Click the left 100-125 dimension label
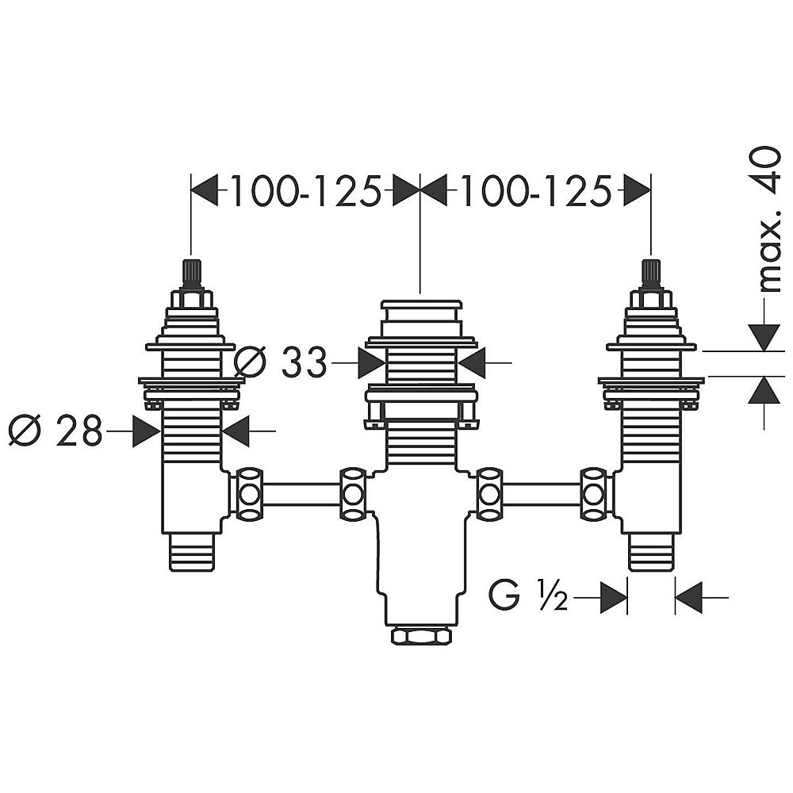tap(305, 190)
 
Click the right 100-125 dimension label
tap(535, 190)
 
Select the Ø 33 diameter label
tap(282, 362)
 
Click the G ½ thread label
tap(528, 597)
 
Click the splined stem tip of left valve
tap(191, 273)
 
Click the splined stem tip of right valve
tap(650, 273)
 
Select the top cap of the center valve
tap(421, 305)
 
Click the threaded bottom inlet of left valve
tap(191, 552)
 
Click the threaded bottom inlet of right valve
tap(651, 552)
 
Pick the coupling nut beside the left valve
tap(248, 493)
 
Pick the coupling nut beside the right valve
tap(592, 493)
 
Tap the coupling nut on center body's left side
tap(353, 493)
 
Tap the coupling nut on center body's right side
tap(489, 493)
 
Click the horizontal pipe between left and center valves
tap(301, 493)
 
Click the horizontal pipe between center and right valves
tap(541, 493)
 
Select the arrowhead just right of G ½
tap(613, 597)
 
